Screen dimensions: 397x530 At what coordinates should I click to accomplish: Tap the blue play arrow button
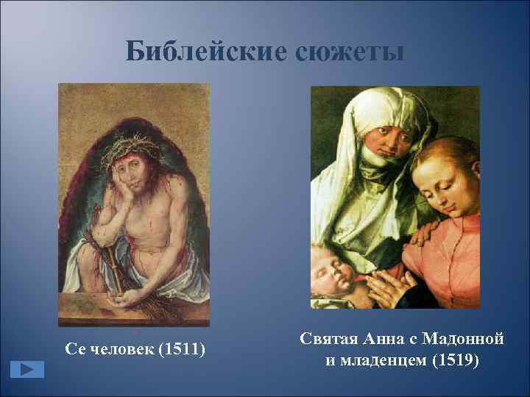point(26,368)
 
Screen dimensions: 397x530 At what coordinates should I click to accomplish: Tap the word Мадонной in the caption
point(463,340)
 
